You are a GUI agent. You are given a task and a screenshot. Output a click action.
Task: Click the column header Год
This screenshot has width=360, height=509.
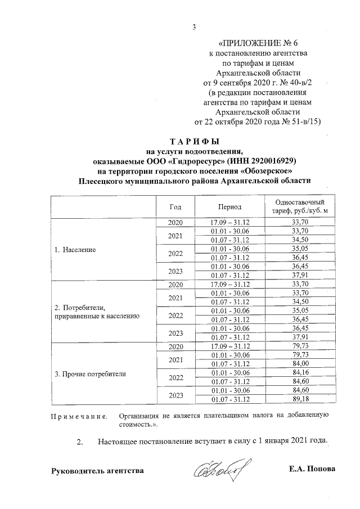(x=175, y=207)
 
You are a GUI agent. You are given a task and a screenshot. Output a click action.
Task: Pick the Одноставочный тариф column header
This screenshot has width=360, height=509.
(x=300, y=206)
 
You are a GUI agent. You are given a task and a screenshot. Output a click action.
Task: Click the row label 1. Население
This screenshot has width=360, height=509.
(x=75, y=249)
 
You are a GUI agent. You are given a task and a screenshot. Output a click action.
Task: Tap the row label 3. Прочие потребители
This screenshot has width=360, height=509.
(x=90, y=373)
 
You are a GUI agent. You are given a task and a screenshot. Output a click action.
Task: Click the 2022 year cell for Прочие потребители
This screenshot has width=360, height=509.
(x=175, y=377)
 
